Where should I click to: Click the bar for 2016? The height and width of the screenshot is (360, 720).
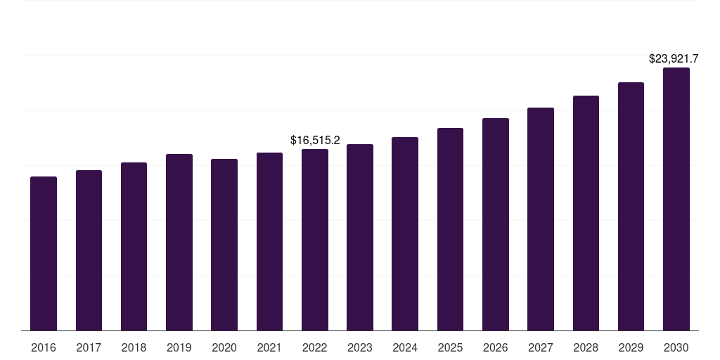(44, 253)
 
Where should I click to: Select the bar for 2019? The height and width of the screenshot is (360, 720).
(179, 242)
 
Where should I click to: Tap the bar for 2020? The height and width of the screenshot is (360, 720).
(224, 245)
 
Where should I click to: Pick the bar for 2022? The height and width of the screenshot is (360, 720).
(315, 240)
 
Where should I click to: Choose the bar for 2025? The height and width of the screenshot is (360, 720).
(450, 229)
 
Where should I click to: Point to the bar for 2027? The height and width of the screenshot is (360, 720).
(541, 219)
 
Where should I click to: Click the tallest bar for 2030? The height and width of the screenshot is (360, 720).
(676, 199)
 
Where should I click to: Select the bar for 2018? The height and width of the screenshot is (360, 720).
(134, 246)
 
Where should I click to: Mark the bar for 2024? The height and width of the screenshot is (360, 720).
(405, 233)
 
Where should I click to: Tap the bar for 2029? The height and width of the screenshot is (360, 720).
(631, 206)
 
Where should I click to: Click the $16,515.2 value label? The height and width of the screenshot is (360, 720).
(315, 141)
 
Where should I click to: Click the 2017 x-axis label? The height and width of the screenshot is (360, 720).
(89, 347)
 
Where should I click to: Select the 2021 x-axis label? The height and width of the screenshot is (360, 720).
(269, 347)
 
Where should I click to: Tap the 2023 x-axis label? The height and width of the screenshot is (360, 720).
(360, 347)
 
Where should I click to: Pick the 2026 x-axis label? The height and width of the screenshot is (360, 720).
(496, 347)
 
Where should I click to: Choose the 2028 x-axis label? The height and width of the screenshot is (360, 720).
(586, 347)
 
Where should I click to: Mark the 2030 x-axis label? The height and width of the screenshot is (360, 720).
(676, 347)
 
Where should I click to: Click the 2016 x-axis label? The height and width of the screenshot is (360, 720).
(44, 347)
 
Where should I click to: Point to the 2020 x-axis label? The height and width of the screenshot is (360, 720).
(224, 347)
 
